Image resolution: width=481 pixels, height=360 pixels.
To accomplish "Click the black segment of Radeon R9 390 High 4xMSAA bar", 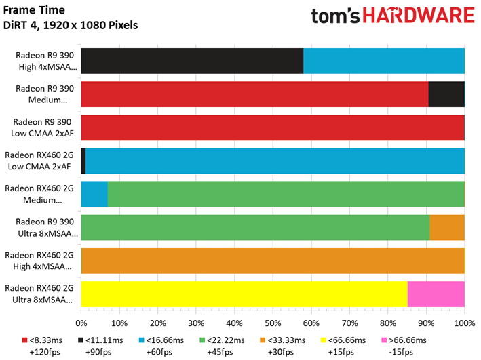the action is click(193, 61).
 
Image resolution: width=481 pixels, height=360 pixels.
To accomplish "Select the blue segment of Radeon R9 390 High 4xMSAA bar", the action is click(384, 61).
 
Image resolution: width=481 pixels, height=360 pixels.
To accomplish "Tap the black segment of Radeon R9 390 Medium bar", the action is click(446, 94).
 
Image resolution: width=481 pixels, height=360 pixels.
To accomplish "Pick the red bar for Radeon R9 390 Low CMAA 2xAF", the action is click(273, 127).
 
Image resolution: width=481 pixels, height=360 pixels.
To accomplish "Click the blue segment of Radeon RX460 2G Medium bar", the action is click(94, 194).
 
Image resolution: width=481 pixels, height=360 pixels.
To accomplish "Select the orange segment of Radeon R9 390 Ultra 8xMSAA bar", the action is click(447, 227).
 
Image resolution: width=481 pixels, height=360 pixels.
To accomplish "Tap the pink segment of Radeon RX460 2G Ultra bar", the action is click(436, 294).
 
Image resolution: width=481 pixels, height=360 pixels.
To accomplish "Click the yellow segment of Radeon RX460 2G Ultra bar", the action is click(244, 294).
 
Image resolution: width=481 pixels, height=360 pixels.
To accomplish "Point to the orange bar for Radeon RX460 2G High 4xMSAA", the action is click(273, 260).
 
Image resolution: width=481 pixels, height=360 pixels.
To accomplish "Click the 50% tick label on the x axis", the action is click(273, 323).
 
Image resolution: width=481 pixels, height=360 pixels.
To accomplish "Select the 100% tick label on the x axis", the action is click(465, 323).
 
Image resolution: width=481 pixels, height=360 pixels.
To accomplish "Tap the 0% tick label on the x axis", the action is click(81, 323).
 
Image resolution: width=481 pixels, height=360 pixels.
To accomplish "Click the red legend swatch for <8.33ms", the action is click(25, 340).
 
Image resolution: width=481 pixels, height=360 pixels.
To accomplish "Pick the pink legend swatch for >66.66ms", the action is click(384, 340).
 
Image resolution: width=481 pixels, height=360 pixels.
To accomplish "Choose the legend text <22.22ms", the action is click(226, 340).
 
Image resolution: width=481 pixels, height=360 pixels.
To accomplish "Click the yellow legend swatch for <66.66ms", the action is click(324, 340).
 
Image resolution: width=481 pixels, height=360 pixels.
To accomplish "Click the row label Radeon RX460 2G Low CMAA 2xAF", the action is click(39, 161).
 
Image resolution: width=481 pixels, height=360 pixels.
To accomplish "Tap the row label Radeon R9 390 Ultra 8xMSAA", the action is click(47, 228).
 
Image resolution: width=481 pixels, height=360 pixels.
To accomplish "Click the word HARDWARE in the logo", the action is click(419, 16).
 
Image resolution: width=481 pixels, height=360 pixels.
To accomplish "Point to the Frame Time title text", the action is click(34, 10).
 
